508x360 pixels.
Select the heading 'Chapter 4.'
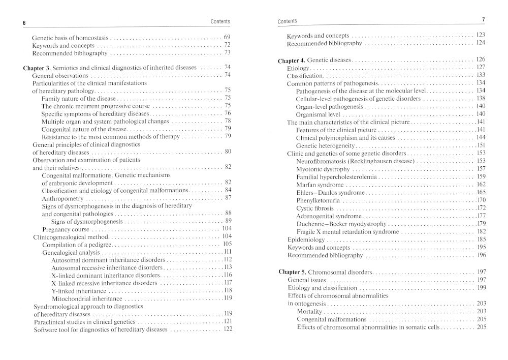point(293,60)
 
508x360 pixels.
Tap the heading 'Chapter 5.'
point(294,272)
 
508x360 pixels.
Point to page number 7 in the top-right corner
point(484,19)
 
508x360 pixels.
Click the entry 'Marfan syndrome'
point(319,185)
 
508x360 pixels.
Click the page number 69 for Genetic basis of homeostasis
point(227,38)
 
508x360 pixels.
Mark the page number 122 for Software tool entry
point(227,329)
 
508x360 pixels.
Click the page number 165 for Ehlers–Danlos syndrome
point(481,192)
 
